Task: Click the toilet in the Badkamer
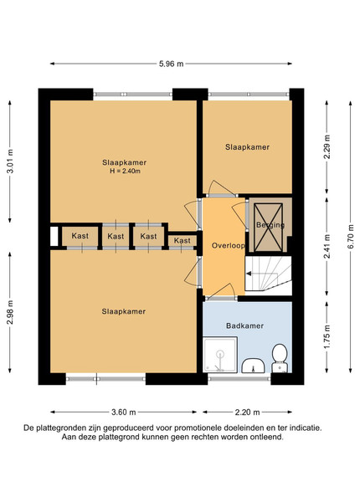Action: pos(280,358)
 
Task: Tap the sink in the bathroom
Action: pos(253,366)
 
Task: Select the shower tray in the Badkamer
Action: pos(220,354)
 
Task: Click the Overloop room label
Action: pos(228,245)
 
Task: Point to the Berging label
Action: pos(270,225)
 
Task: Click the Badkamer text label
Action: pos(245,325)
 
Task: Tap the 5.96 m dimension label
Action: pos(172,64)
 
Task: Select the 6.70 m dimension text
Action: pos(351,238)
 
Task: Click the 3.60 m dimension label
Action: pos(124,412)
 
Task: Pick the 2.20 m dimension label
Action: pos(247,412)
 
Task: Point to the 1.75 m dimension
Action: pos(327,337)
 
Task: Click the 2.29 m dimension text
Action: pos(327,147)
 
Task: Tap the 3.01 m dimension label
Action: pos(10,161)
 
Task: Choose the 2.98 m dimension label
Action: pos(10,312)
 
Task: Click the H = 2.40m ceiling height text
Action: pos(125,171)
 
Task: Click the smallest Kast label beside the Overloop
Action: pos(183,240)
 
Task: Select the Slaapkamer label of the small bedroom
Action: pos(247,147)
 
